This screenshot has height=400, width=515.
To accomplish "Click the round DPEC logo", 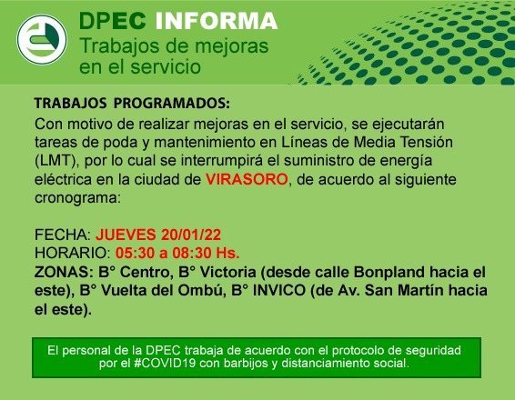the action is [42, 39].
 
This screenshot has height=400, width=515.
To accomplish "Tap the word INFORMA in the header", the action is [217, 21].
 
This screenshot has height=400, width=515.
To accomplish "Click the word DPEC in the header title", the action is [112, 21].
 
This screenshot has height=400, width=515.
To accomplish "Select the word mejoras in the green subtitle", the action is [231, 46].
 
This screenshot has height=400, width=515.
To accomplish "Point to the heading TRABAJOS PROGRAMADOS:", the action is [132, 103].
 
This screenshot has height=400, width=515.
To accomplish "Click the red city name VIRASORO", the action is [247, 179].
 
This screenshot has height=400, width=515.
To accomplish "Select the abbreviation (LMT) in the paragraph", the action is [57, 161].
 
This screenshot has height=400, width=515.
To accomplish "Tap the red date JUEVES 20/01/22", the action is [158, 235].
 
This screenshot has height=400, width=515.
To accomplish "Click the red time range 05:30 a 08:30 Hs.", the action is [177, 253].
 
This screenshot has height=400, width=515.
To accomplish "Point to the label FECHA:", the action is [63, 235].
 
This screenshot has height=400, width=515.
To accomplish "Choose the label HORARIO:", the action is [73, 253].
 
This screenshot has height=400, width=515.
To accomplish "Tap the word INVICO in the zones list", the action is [278, 290].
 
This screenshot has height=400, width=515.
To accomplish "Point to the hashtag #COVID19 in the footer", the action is [166, 364].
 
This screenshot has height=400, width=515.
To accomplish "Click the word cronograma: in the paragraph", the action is [77, 198].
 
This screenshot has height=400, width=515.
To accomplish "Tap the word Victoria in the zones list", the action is [228, 272].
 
